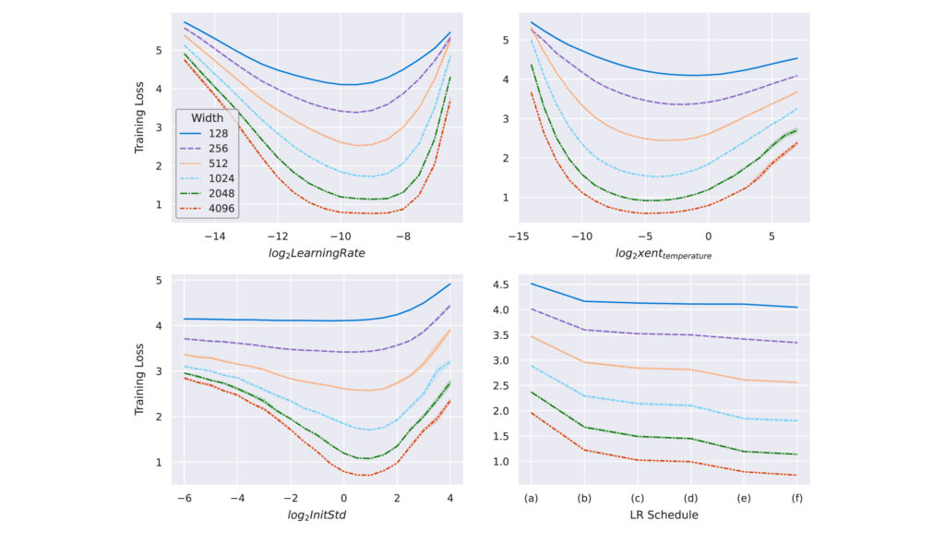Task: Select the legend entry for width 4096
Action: tap(208, 209)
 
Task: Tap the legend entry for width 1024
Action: tap(208, 180)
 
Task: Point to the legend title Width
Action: tap(207, 118)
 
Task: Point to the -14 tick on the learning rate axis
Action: tap(215, 236)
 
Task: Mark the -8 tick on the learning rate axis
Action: tap(403, 236)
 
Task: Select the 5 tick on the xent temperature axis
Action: tap(772, 236)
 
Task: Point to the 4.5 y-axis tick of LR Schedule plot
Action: tap(499, 285)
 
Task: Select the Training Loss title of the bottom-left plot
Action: tap(141, 382)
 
